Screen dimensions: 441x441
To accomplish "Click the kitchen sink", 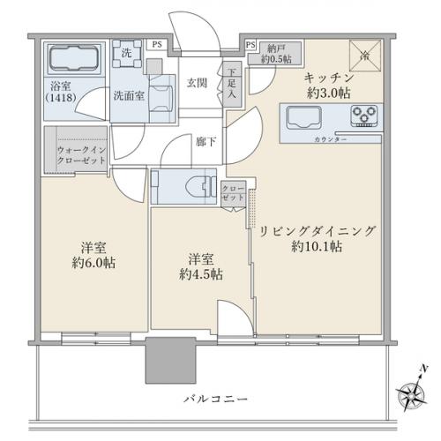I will click(x=305, y=116).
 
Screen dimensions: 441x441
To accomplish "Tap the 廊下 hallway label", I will click(x=204, y=140).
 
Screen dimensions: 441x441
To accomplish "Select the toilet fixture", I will click(x=188, y=185).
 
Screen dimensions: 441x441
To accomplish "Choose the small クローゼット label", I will click(x=234, y=193).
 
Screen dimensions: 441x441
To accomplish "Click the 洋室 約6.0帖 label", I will click(x=93, y=255).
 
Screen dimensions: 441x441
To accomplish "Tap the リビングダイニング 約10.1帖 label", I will click(x=317, y=239).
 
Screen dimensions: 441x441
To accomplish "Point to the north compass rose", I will click(x=412, y=388).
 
